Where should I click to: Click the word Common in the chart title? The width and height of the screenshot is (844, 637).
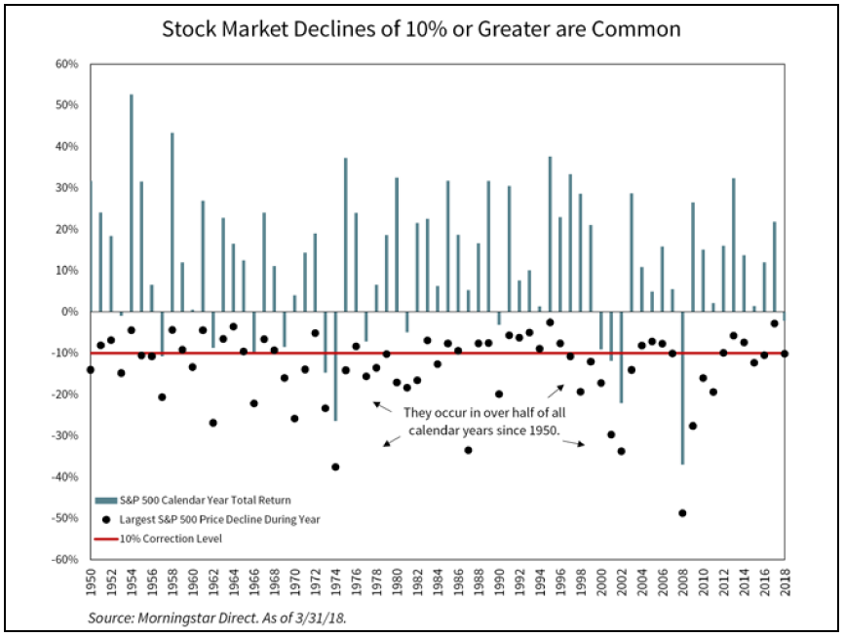coord(640,28)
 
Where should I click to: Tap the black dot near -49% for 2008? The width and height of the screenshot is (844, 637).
coord(682,512)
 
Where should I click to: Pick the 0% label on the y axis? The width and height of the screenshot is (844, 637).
coord(70,312)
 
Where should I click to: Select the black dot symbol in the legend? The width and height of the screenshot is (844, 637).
coord(105,519)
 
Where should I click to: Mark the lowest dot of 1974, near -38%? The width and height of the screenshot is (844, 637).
coord(335,467)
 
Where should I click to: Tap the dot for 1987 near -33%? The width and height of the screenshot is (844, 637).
coord(468,449)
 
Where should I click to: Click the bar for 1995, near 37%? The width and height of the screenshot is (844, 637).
coord(550,234)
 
